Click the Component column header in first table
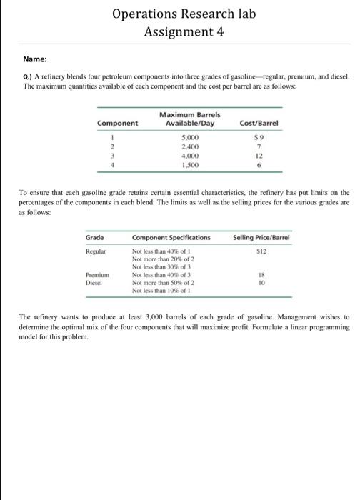point(119,123)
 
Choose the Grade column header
point(94,236)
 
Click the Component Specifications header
point(171,236)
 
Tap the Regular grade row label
point(96,252)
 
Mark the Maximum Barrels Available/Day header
point(190,119)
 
